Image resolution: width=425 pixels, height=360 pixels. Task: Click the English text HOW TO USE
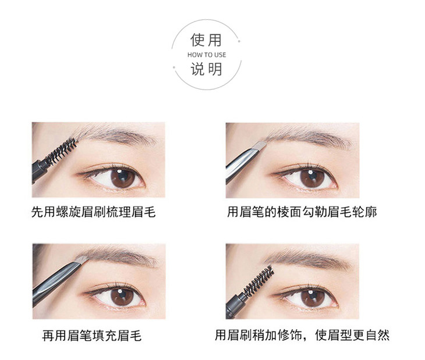[207, 55]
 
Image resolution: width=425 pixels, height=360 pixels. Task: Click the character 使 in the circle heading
[197, 40]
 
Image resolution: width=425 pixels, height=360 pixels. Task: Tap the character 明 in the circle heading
[215, 69]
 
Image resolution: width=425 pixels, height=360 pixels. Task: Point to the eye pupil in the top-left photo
[123, 177]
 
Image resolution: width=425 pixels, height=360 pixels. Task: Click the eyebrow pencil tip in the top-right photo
[260, 146]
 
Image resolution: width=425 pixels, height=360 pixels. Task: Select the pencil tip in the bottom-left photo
[82, 259]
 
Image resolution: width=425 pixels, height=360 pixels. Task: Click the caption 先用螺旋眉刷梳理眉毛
[94, 212]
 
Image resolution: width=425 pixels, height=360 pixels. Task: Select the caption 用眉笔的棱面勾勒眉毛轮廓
[302, 212]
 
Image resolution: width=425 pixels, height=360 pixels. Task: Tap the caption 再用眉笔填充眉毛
[91, 336]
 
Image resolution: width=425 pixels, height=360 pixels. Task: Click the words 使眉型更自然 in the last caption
[352, 335]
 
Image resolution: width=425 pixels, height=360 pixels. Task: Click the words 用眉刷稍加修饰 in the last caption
[258, 335]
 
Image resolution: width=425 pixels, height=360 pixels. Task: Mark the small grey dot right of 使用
[239, 41]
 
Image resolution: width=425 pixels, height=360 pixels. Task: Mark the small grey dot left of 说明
[174, 67]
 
